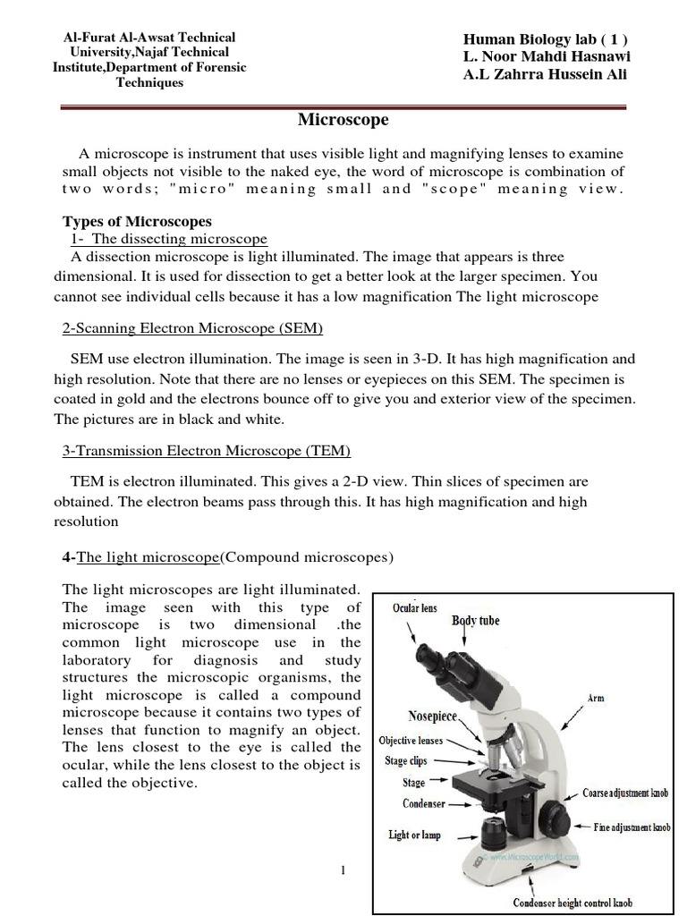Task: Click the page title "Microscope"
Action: (x=343, y=119)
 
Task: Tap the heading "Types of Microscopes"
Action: (x=137, y=221)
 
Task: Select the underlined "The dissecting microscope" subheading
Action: (x=179, y=239)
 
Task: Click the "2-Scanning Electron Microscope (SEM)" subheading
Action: (x=192, y=328)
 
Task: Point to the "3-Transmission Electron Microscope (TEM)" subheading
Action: (x=207, y=450)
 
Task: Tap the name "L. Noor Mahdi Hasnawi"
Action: (x=547, y=56)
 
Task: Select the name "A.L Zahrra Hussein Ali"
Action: (x=545, y=74)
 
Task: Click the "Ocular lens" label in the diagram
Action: (x=415, y=608)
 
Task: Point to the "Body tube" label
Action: (x=475, y=620)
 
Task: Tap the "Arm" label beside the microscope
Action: (x=596, y=698)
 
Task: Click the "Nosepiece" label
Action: (x=432, y=717)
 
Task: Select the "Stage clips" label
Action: (x=406, y=761)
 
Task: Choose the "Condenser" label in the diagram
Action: (x=423, y=803)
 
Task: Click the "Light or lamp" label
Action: (x=414, y=835)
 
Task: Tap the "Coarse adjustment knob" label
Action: (x=625, y=793)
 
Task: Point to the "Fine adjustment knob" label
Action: (x=632, y=827)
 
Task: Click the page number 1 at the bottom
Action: (x=343, y=871)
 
